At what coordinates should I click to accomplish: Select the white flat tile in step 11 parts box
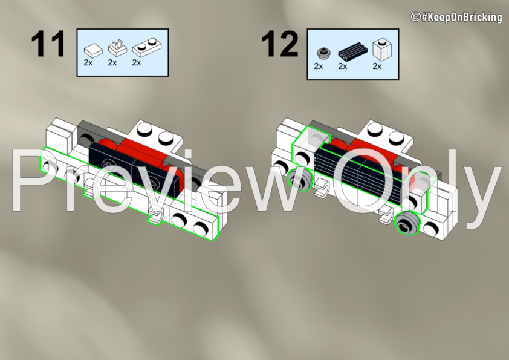(x=93, y=51)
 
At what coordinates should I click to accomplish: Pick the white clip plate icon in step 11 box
(x=117, y=48)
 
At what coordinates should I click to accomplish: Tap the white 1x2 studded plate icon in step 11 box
(x=147, y=47)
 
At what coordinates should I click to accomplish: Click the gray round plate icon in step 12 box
(x=323, y=53)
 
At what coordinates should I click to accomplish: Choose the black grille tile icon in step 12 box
(x=352, y=51)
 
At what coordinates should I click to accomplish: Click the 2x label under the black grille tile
(x=343, y=67)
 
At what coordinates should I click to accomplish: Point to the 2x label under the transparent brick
(x=377, y=67)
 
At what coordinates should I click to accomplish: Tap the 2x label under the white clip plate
(x=112, y=62)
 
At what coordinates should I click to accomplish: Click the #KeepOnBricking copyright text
(x=456, y=17)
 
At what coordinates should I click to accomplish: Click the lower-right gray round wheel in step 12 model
(x=407, y=223)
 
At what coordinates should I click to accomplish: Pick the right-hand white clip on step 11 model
(x=156, y=217)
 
